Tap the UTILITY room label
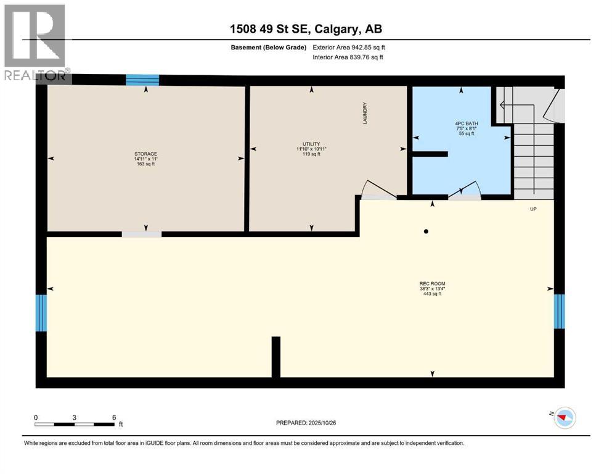click(x=311, y=148)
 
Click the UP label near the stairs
click(x=534, y=209)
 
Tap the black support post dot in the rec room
click(x=425, y=232)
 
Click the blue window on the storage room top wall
click(x=142, y=80)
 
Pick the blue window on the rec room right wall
click(x=559, y=311)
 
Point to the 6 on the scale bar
click(x=114, y=417)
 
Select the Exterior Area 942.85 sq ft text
click(x=349, y=48)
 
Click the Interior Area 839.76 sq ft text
click(x=348, y=57)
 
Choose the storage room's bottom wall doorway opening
click(x=141, y=235)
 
